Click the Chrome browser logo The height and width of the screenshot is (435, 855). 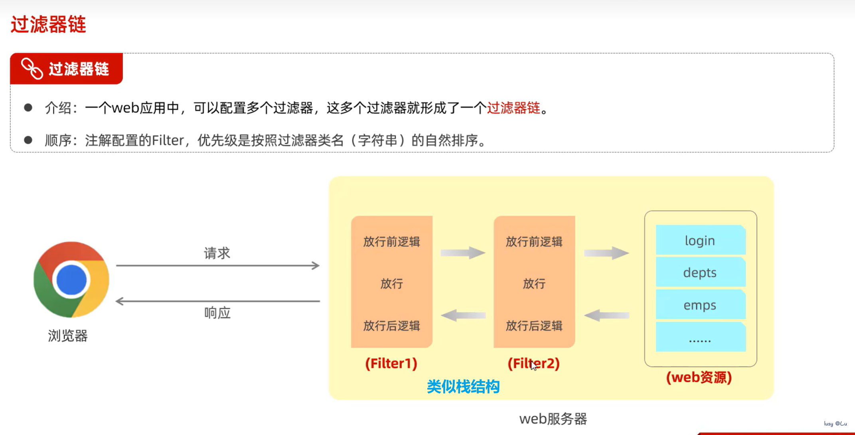pyautogui.click(x=71, y=279)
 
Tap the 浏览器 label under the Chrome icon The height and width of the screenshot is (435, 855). pyautogui.click(x=68, y=336)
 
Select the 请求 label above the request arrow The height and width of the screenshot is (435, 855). pyautogui.click(x=217, y=253)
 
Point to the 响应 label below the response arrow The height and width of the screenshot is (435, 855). pyautogui.click(x=217, y=313)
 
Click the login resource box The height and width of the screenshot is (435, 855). pyautogui.click(x=700, y=240)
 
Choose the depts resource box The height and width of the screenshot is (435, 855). pyautogui.click(x=700, y=273)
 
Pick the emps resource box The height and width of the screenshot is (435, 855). pyautogui.click(x=700, y=305)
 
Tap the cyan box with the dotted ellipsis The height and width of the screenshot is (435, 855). pyautogui.click(x=700, y=338)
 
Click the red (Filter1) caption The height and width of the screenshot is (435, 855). pyautogui.click(x=391, y=364)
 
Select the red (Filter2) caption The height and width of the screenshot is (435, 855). pyautogui.click(x=533, y=364)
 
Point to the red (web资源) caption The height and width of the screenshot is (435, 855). pyautogui.click(x=699, y=378)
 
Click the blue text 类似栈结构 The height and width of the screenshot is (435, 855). pyautogui.click(x=463, y=387)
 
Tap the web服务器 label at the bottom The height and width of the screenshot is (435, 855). pyautogui.click(x=553, y=419)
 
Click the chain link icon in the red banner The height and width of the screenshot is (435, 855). pyautogui.click(x=32, y=69)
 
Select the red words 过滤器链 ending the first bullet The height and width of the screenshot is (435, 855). pyautogui.click(x=513, y=108)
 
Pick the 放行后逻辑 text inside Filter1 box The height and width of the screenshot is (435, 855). pyautogui.click(x=391, y=326)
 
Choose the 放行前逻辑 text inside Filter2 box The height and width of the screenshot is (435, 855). pyautogui.click(x=534, y=241)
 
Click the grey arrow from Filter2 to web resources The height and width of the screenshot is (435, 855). pyautogui.click(x=606, y=253)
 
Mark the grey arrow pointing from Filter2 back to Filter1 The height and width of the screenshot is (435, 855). pyautogui.click(x=463, y=315)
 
